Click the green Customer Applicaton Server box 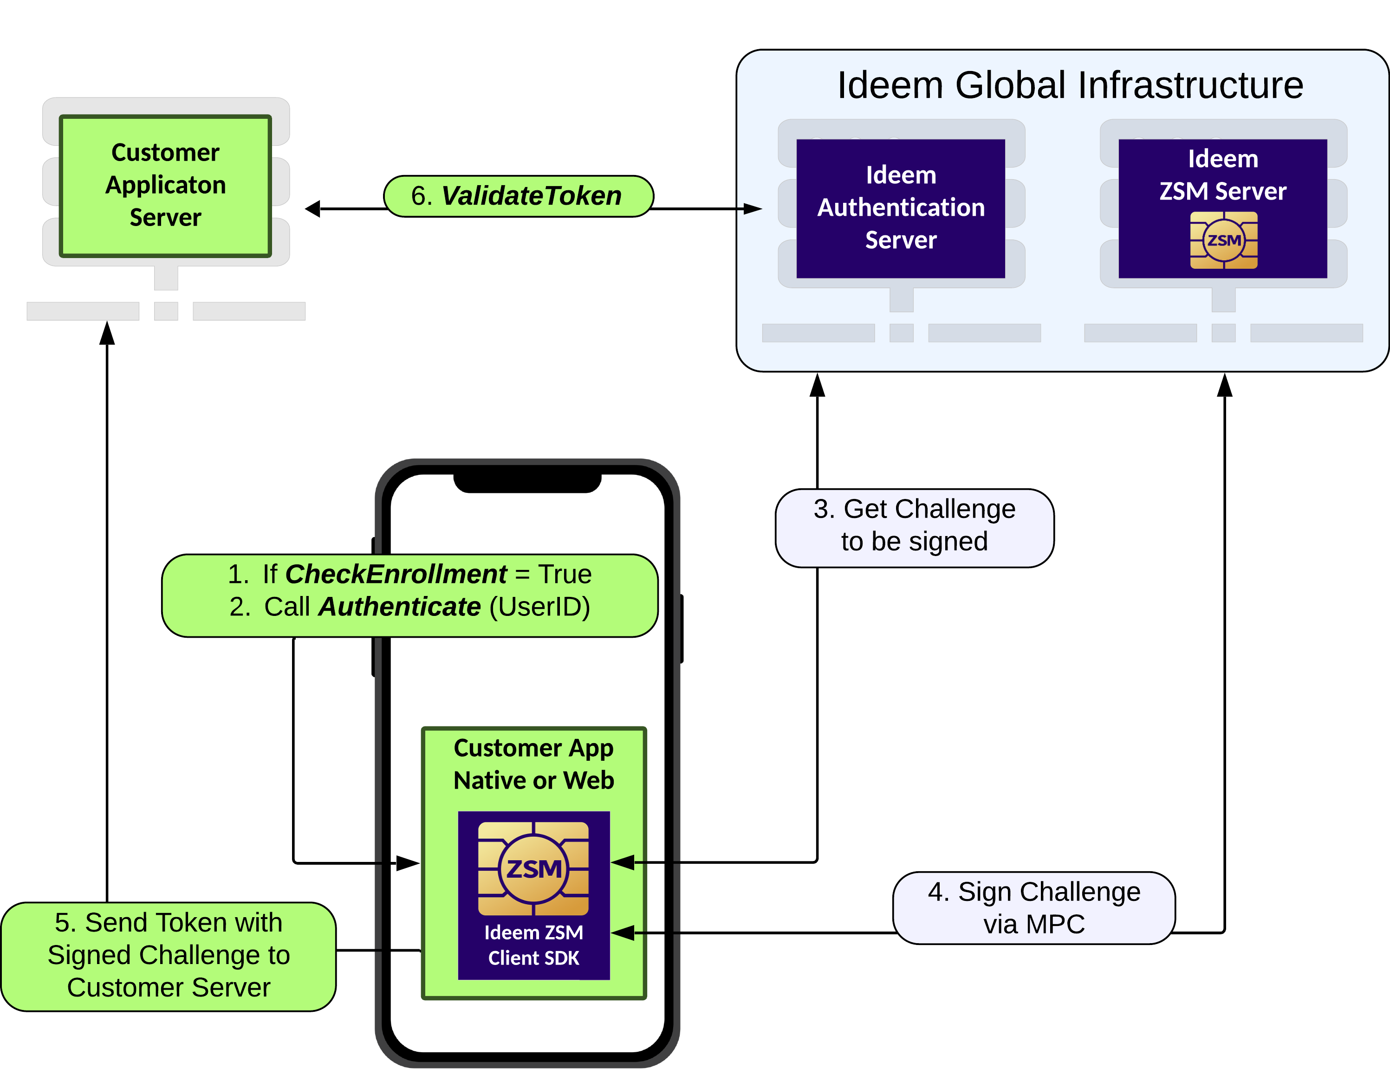tap(165, 185)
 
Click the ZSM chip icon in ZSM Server tap(1223, 240)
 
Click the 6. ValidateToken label tap(518, 196)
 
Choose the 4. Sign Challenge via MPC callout tap(1033, 907)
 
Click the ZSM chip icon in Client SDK tap(533, 868)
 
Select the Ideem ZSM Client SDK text tap(533, 945)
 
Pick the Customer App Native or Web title tap(533, 764)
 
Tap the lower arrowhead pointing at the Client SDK tap(624, 933)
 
